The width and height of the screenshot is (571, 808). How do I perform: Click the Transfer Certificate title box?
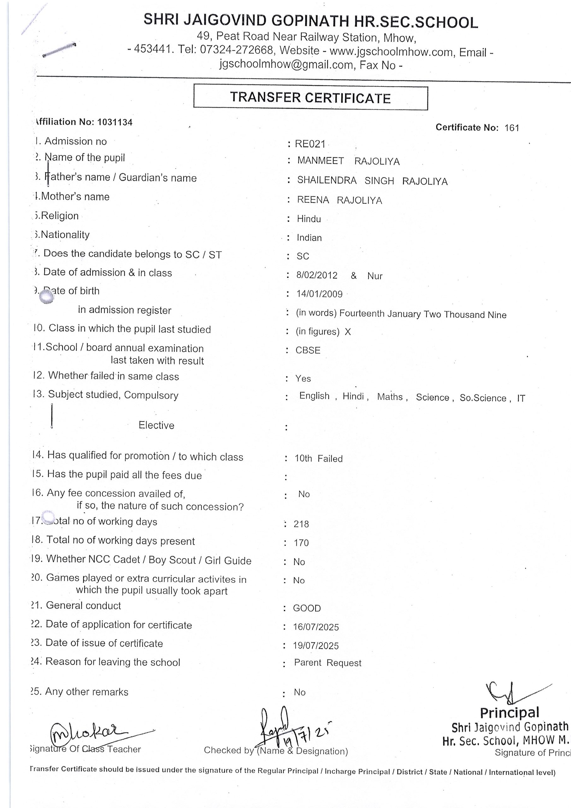click(310, 98)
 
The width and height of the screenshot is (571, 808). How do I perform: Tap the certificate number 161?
click(512, 128)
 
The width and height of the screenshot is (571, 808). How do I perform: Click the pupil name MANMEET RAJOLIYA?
click(348, 161)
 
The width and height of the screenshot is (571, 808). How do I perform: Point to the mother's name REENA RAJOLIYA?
click(339, 200)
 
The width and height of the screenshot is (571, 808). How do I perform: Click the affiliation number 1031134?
click(115, 122)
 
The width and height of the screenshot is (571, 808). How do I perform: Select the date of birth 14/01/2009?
click(320, 294)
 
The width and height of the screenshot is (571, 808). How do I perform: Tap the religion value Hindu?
click(309, 219)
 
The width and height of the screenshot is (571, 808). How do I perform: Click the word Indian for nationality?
click(309, 238)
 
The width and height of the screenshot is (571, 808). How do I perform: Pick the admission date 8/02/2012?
click(317, 275)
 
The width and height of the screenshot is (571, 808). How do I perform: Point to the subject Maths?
click(390, 397)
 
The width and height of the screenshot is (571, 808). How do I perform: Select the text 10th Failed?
click(319, 459)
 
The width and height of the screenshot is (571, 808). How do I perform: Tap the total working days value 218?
click(301, 524)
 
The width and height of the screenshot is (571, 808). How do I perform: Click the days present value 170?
click(301, 543)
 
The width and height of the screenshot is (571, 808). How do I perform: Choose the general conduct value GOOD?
click(307, 608)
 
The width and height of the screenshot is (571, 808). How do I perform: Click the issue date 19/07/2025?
click(316, 646)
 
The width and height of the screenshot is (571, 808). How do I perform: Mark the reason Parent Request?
click(327, 663)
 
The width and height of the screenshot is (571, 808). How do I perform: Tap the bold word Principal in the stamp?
click(509, 713)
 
